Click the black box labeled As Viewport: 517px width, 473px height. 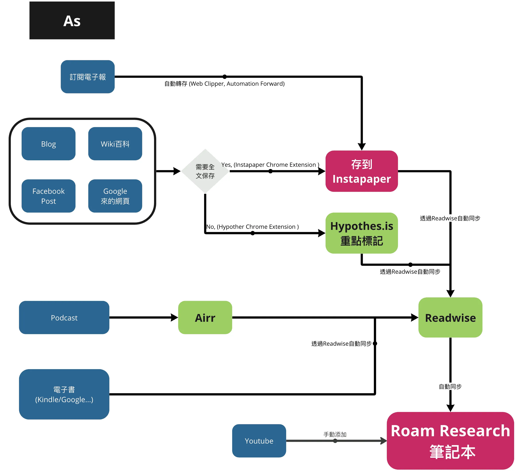pyautogui.click(x=72, y=21)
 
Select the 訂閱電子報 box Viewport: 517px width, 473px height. pyautogui.click(x=88, y=77)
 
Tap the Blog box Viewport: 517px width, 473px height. pyautogui.click(x=48, y=144)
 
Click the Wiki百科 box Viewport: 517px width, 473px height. pyautogui.click(x=115, y=144)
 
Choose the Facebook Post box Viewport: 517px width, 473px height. pyautogui.click(x=48, y=196)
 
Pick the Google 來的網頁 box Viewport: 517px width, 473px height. pyautogui.click(x=115, y=196)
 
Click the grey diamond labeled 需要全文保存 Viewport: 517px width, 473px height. pyautogui.click(x=205, y=171)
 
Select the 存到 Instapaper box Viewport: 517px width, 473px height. pyautogui.click(x=362, y=171)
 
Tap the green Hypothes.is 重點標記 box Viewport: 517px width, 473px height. pyautogui.click(x=362, y=233)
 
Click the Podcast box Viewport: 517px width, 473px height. pyautogui.click(x=64, y=318)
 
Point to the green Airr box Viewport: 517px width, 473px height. pyautogui.click(x=205, y=318)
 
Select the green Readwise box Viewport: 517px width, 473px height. pyautogui.click(x=450, y=318)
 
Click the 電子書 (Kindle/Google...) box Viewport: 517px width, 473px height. pyautogui.click(x=64, y=394)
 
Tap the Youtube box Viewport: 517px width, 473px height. pyautogui.click(x=259, y=441)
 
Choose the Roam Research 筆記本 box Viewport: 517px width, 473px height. pyautogui.click(x=450, y=441)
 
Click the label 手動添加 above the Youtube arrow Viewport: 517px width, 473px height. pyautogui.click(x=335, y=434)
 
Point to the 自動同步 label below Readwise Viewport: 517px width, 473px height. pyautogui.click(x=450, y=386)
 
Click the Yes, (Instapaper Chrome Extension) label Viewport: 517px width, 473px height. pyautogui.click(x=270, y=165)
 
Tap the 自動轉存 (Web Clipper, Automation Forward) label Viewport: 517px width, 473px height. pyautogui.click(x=224, y=84)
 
